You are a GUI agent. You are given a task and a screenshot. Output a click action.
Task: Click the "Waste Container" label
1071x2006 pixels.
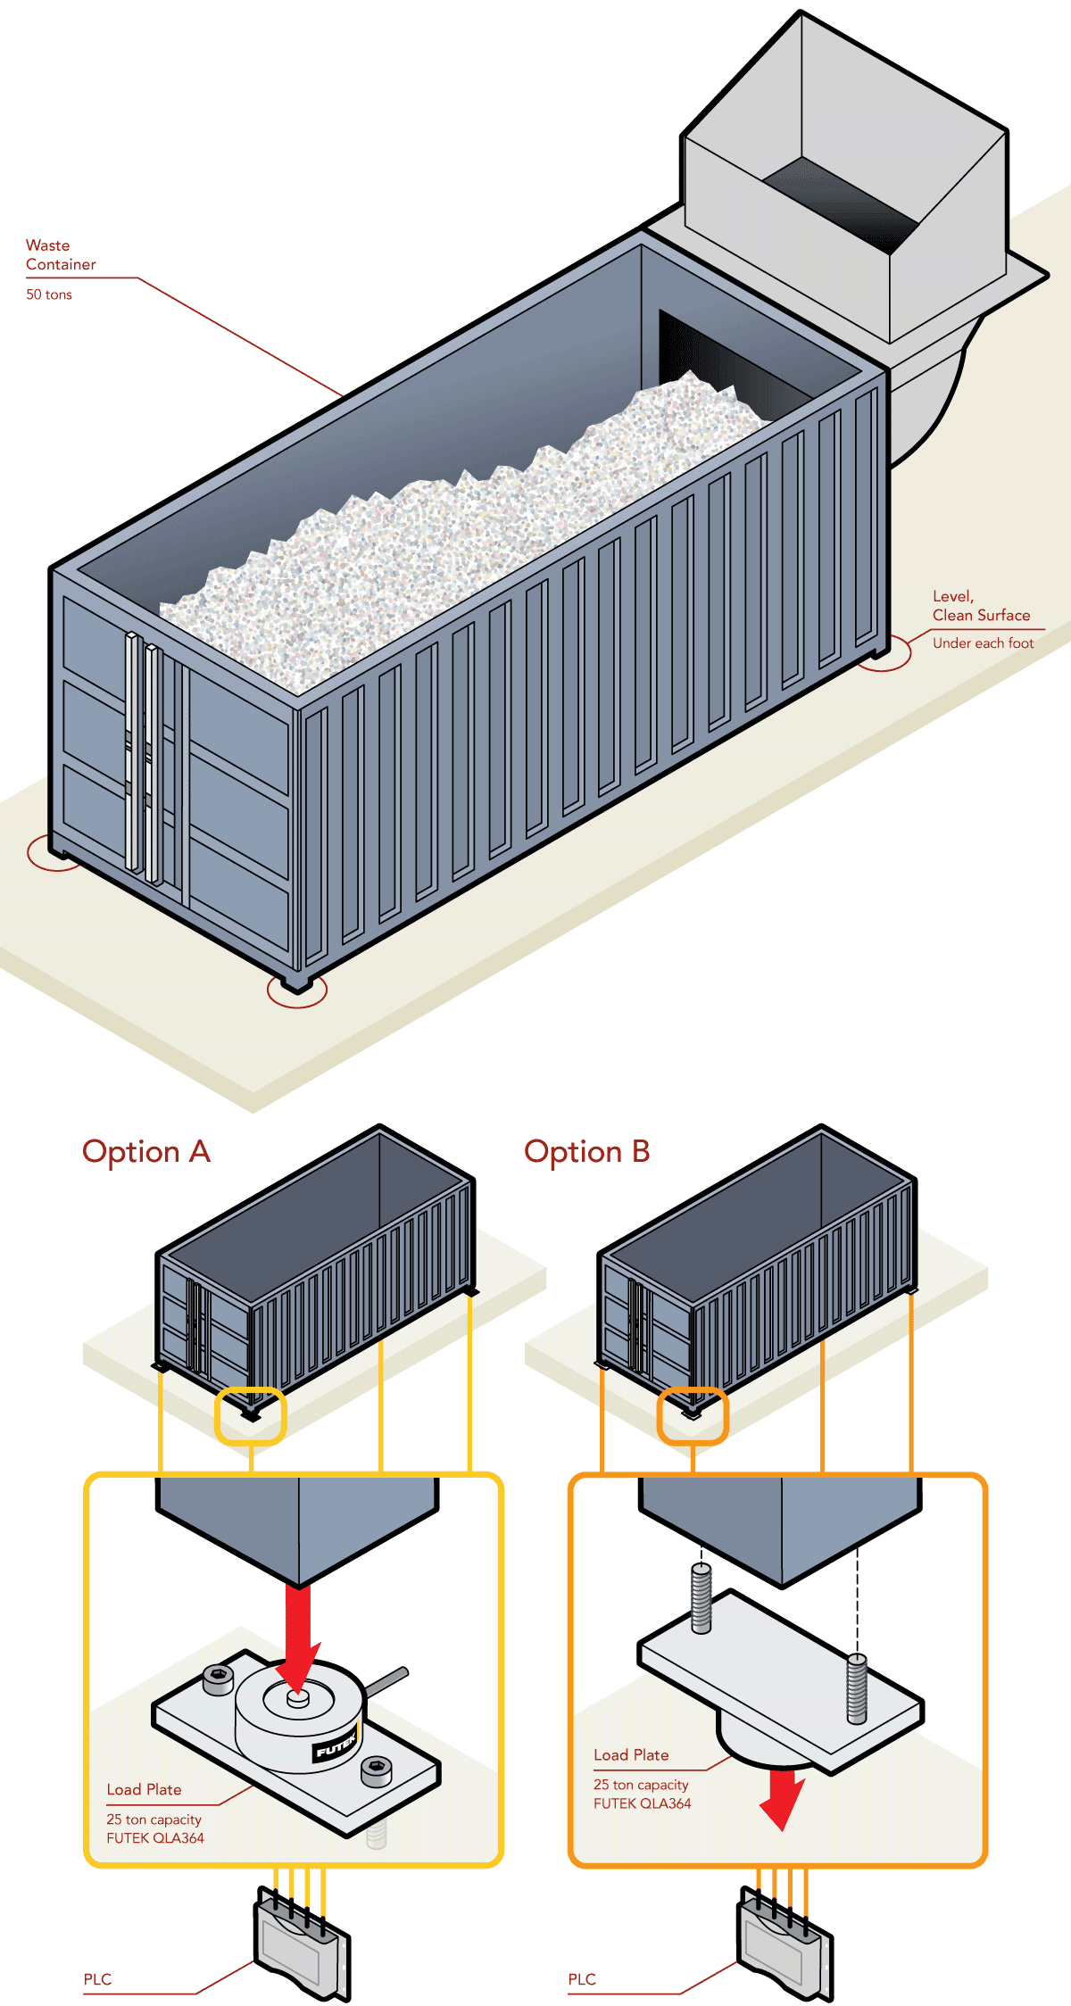(61, 255)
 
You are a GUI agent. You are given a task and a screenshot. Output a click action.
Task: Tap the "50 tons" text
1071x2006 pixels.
(49, 294)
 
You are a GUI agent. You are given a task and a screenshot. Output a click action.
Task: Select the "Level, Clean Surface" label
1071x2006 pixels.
(980, 606)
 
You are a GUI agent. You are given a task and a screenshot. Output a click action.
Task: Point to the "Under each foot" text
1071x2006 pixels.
(983, 643)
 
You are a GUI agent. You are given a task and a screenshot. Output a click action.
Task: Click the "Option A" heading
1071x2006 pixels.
(146, 1152)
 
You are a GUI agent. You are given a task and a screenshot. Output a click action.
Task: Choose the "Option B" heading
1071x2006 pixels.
(586, 1152)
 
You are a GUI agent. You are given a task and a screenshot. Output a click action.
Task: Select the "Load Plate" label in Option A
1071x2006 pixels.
(144, 1789)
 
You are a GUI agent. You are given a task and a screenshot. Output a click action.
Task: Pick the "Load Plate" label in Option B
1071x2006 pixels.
(631, 1754)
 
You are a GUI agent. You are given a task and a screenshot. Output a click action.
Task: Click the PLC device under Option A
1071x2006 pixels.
(301, 1942)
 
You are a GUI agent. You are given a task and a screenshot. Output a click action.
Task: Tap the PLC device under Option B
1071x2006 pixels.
(784, 1942)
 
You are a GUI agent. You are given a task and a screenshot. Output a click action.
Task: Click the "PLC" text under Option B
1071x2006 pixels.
(582, 1979)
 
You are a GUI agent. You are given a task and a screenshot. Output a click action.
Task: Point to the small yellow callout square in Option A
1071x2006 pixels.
(250, 1415)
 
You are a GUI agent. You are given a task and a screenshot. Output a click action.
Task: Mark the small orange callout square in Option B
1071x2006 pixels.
(693, 1415)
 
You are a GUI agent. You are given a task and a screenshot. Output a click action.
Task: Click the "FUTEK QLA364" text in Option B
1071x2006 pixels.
(642, 1803)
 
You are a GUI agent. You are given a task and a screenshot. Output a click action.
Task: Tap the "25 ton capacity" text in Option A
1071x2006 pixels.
(154, 1819)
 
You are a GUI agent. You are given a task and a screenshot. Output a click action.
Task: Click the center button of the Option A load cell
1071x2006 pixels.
(297, 1698)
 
